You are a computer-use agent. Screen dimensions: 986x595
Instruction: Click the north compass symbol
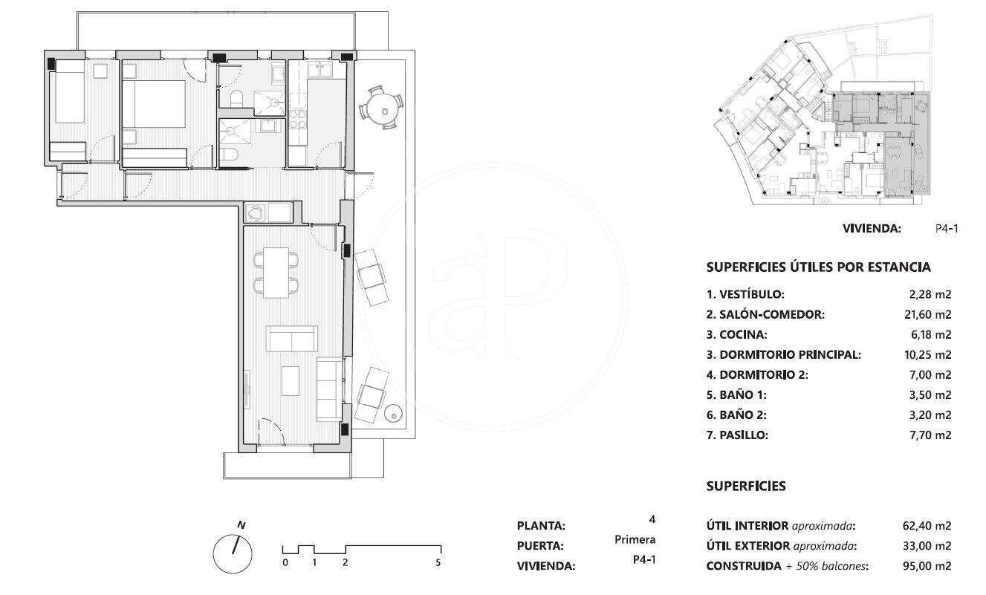(x=233, y=553)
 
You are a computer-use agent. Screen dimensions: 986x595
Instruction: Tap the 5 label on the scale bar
(x=438, y=562)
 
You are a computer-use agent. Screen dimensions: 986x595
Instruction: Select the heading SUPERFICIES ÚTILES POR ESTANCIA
(x=818, y=267)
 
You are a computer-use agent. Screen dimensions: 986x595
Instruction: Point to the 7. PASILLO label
(x=737, y=435)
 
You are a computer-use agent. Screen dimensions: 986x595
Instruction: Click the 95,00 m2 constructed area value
(x=927, y=566)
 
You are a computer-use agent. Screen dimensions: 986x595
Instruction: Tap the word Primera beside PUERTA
(x=635, y=539)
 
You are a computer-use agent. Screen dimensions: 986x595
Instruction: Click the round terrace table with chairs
(x=381, y=108)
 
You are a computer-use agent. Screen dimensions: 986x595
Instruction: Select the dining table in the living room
(x=276, y=273)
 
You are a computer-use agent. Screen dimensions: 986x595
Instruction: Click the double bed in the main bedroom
(x=154, y=104)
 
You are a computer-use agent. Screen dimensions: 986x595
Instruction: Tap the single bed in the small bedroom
(x=70, y=91)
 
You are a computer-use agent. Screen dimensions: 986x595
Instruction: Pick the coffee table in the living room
(x=291, y=380)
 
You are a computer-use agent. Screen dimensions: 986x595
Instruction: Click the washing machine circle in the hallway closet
(x=256, y=213)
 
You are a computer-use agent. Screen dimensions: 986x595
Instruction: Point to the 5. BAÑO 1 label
(x=736, y=395)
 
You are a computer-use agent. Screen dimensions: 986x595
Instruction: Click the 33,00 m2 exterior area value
(x=927, y=546)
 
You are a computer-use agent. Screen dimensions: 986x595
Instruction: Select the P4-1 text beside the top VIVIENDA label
(x=947, y=229)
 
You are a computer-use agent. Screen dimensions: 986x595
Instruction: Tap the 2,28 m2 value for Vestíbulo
(x=930, y=294)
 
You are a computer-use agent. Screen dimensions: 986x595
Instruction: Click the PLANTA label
(x=541, y=526)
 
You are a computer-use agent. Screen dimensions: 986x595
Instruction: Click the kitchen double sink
(x=320, y=70)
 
